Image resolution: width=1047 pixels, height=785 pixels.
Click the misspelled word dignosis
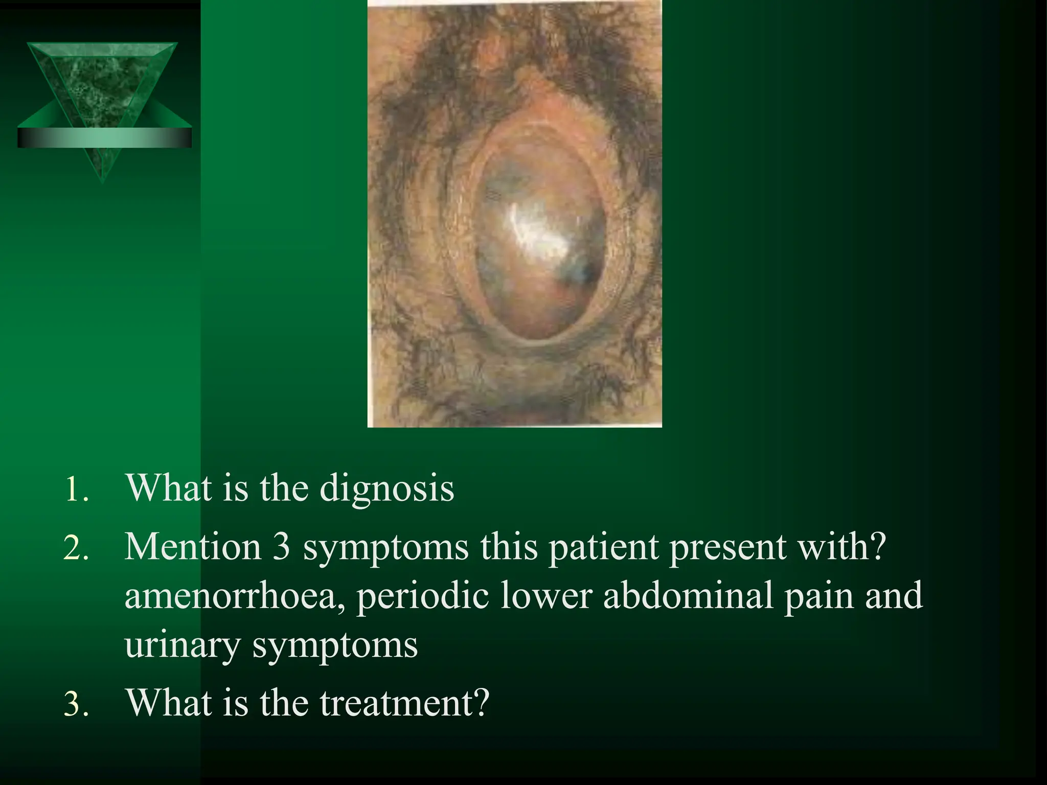pos(386,489)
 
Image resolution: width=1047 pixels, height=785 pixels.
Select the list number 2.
pos(76,548)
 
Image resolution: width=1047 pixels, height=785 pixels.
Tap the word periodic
pos(422,596)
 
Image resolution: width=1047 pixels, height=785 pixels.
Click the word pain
pos(819,596)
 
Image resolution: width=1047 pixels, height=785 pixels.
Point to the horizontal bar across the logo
pos(104,138)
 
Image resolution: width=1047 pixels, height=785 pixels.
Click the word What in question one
pos(169,489)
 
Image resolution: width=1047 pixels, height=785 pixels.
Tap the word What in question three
pos(169,703)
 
